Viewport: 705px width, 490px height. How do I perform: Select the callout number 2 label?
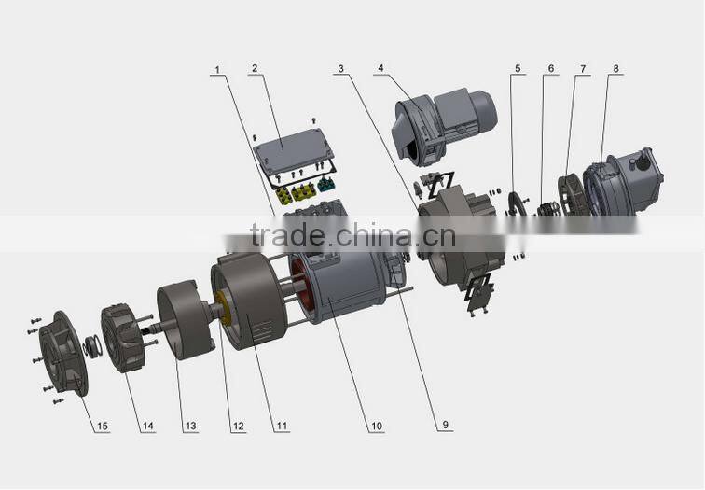[x=254, y=68]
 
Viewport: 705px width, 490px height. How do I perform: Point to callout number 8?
[x=616, y=69]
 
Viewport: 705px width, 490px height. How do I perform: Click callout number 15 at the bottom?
[x=102, y=427]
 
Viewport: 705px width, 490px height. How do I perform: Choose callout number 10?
[x=376, y=427]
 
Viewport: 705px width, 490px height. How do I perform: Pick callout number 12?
[x=238, y=427]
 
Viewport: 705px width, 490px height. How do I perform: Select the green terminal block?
[x=326, y=186]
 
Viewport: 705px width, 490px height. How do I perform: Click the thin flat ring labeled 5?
[x=514, y=206]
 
